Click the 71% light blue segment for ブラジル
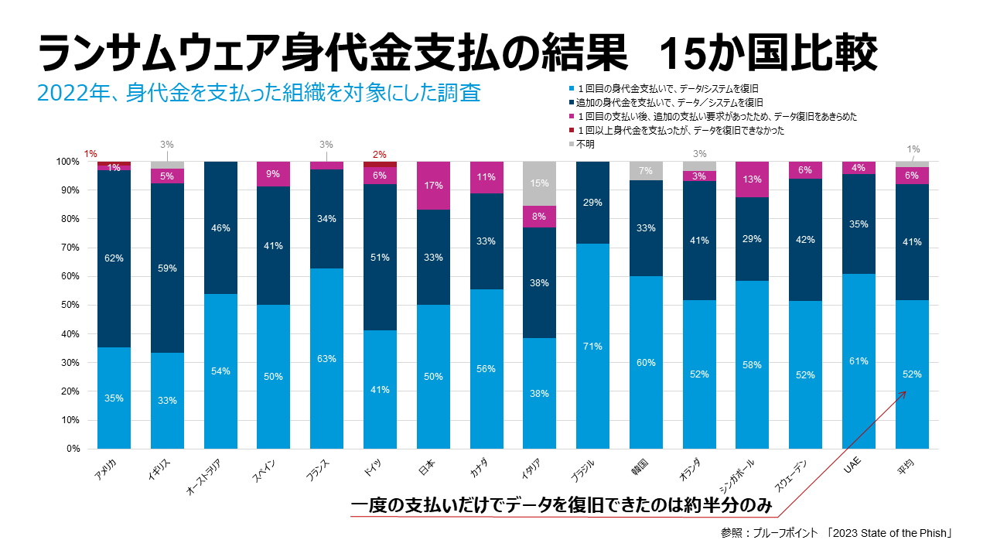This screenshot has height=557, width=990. (x=592, y=346)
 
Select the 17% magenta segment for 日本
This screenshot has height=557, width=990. (x=433, y=186)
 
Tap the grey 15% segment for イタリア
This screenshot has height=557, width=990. (x=540, y=183)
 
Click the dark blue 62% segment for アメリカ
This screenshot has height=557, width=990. (x=114, y=258)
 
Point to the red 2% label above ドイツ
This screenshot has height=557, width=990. (x=380, y=155)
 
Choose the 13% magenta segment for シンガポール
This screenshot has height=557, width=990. (x=753, y=179)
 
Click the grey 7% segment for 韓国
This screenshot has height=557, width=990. (x=646, y=171)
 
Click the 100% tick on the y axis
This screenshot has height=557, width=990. (x=67, y=162)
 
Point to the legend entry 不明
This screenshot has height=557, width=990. (x=585, y=145)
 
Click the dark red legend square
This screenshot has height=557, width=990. (x=570, y=131)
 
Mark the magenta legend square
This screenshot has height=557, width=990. (x=570, y=117)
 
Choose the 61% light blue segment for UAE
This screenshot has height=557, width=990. (x=859, y=361)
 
